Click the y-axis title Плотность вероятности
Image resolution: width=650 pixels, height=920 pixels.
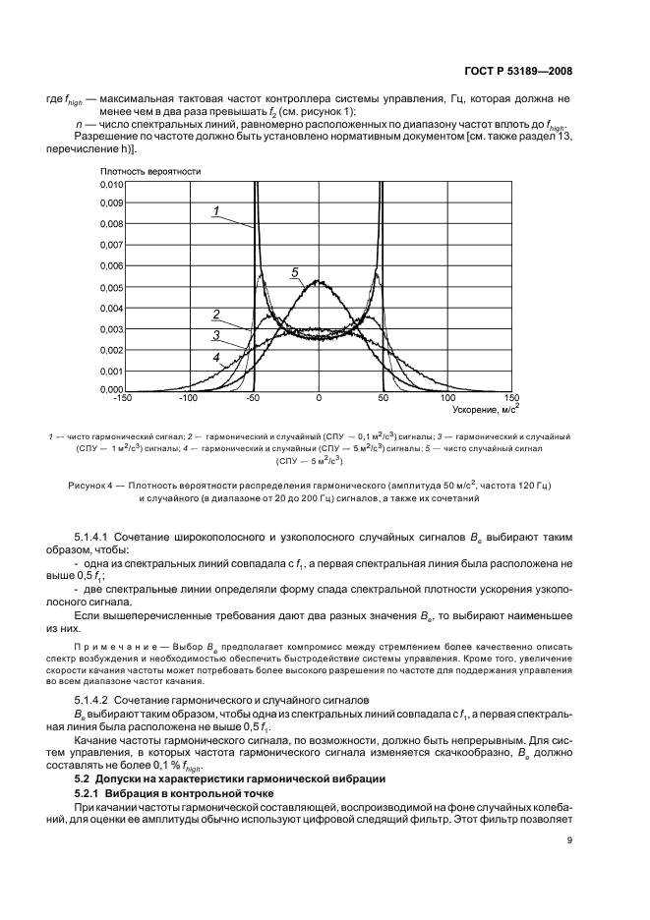[149, 171]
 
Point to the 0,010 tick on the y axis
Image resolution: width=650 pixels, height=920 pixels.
[111, 185]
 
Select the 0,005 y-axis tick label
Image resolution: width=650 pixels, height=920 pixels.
[111, 287]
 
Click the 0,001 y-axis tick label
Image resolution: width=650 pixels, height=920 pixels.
[111, 370]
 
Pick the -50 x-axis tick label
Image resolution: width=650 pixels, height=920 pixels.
[252, 398]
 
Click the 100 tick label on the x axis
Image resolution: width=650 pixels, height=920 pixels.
[448, 398]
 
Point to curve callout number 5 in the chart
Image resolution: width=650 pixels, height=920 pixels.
[294, 270]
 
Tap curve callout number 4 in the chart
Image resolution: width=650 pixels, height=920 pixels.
[215, 358]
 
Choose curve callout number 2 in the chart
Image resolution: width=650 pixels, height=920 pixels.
[214, 315]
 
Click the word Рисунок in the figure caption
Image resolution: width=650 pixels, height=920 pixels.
[89, 485]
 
